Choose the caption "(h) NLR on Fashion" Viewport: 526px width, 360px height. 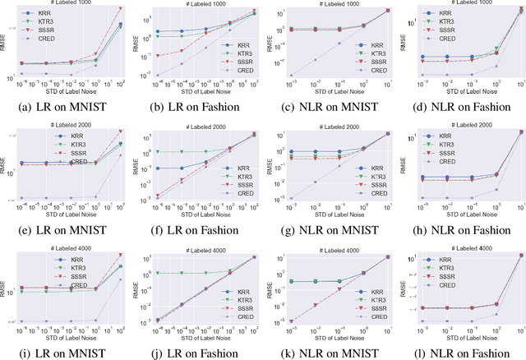pyautogui.click(x=462, y=226)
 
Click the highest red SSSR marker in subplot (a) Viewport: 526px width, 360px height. pyautogui.click(x=122, y=8)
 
